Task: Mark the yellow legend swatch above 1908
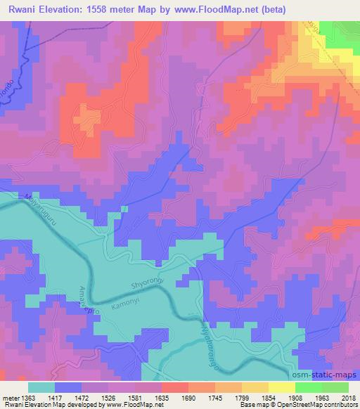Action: [281, 387]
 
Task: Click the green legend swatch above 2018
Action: [335, 387]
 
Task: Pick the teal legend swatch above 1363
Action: [41, 387]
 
